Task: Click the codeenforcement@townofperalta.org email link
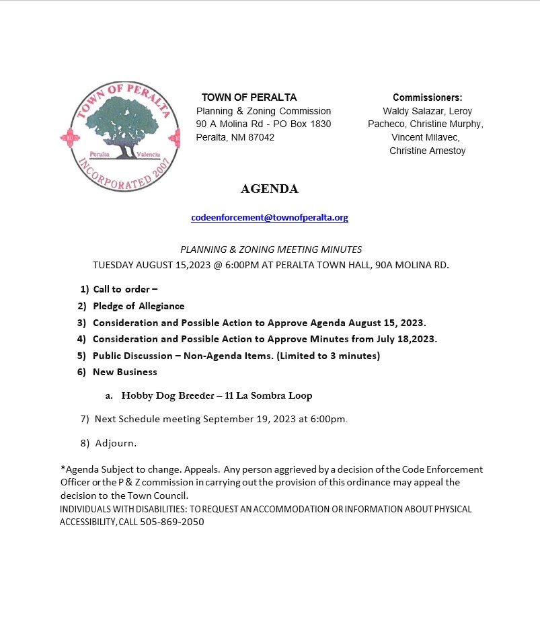(270, 218)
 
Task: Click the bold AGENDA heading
(269, 189)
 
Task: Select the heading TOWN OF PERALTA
(249, 97)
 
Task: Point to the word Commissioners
(427, 97)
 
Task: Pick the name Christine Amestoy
(427, 151)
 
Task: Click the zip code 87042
(261, 137)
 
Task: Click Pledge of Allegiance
(139, 306)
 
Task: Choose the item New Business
(124, 372)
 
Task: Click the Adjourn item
(116, 443)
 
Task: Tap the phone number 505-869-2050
(172, 522)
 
